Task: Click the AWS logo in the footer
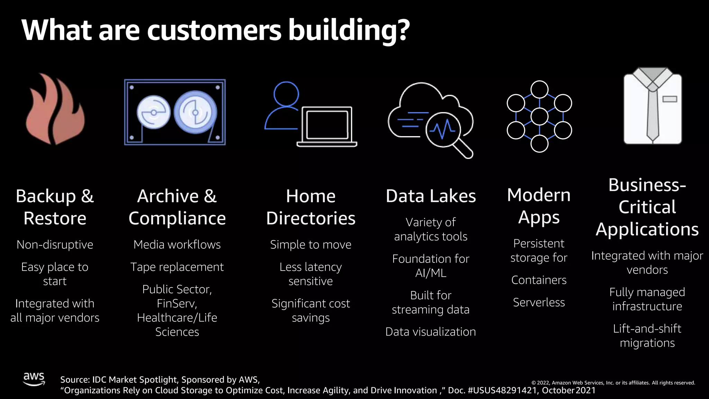click(x=34, y=379)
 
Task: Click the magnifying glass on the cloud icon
click(x=447, y=133)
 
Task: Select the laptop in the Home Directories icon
click(x=327, y=127)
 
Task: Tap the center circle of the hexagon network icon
click(x=539, y=116)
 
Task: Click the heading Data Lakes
click(x=431, y=196)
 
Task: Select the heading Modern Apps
click(x=539, y=206)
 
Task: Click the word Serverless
click(x=539, y=302)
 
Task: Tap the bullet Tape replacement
click(x=177, y=267)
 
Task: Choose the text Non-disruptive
click(x=55, y=245)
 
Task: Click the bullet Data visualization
click(x=430, y=332)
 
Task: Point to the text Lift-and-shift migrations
click(x=647, y=336)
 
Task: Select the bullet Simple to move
click(x=311, y=245)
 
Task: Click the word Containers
click(x=539, y=280)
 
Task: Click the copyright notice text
click(x=613, y=383)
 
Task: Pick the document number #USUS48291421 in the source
click(x=502, y=390)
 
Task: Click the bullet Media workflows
click(x=177, y=245)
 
